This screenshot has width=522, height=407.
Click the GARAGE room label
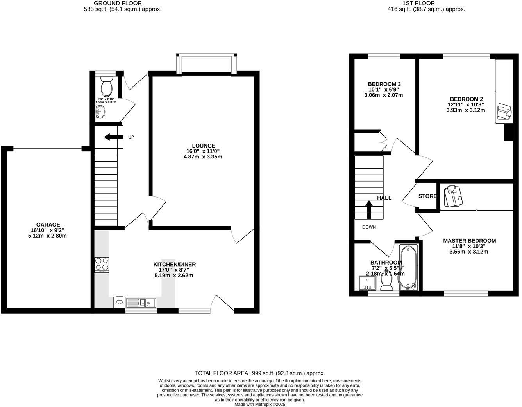48,225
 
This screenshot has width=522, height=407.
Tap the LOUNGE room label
203,146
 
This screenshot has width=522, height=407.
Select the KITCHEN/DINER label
174,265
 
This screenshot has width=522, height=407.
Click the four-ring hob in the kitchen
102,265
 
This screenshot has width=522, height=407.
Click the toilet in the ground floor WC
106,84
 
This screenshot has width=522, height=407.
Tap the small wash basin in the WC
100,112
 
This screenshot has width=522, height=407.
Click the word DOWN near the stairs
369,227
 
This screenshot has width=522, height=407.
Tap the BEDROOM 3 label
384,84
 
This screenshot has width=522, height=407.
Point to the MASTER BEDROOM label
469,241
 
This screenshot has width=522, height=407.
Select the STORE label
427,196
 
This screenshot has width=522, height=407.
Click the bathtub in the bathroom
409,268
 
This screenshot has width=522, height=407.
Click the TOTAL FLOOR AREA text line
260,373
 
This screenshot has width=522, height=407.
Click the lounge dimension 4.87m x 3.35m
203,157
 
